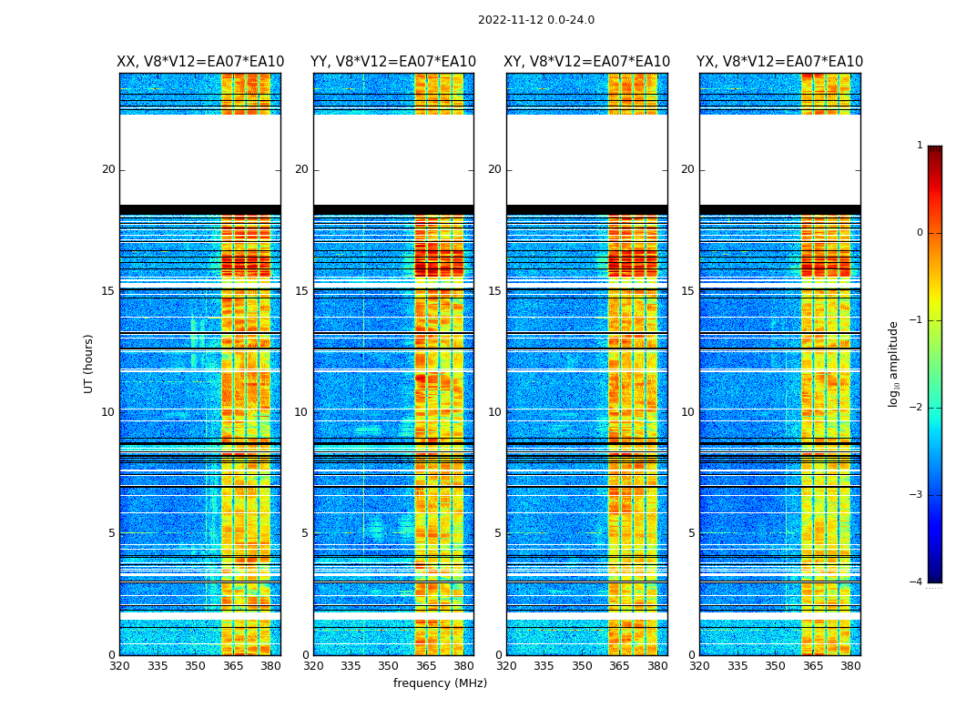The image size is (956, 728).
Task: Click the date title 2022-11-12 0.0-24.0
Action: point(535,20)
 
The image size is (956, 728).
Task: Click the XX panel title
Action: point(200,62)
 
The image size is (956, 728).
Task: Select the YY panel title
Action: point(393,62)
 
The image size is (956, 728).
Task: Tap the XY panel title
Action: point(587,62)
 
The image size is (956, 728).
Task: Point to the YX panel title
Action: point(780,62)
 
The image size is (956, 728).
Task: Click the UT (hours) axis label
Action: point(89,363)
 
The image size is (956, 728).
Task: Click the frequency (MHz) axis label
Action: point(440,683)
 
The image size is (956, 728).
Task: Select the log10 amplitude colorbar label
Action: point(894,363)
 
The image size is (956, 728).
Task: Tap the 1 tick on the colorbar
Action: point(920,146)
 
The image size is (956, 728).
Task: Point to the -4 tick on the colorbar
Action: point(917,582)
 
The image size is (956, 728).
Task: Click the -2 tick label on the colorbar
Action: point(917,408)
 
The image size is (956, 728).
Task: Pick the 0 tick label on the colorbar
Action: point(920,233)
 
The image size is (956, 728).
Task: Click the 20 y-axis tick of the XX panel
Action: point(108,169)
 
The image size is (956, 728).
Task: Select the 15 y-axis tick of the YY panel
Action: point(301,291)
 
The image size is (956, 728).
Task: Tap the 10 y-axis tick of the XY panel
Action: point(494,412)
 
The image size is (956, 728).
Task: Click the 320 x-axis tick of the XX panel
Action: point(119,666)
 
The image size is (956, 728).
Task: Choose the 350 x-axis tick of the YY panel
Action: point(389,666)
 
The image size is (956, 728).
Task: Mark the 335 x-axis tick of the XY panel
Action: point(544,666)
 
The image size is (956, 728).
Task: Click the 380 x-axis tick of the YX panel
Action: point(850,666)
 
